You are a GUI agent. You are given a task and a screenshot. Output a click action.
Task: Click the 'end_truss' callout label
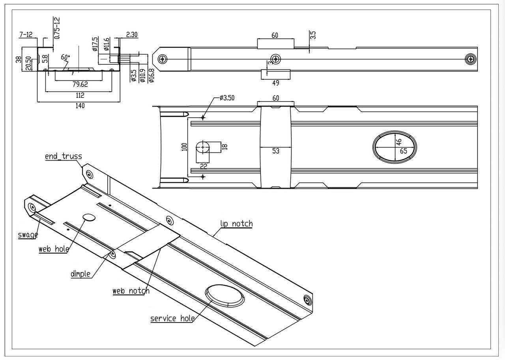click(x=64, y=156)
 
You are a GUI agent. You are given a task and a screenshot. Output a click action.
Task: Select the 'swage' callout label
click(x=28, y=235)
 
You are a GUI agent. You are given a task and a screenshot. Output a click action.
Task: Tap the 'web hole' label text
click(x=54, y=249)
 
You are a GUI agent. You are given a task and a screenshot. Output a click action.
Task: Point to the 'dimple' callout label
click(x=80, y=274)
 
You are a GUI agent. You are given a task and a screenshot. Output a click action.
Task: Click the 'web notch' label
click(x=131, y=291)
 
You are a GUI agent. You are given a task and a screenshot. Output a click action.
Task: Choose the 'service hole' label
click(x=172, y=319)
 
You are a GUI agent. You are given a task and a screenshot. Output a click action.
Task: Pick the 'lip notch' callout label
click(x=236, y=224)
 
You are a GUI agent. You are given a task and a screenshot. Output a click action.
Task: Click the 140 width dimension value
click(x=80, y=105)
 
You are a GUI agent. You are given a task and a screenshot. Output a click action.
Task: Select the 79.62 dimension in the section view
click(x=80, y=84)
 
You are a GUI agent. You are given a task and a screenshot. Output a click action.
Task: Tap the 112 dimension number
click(x=80, y=96)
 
